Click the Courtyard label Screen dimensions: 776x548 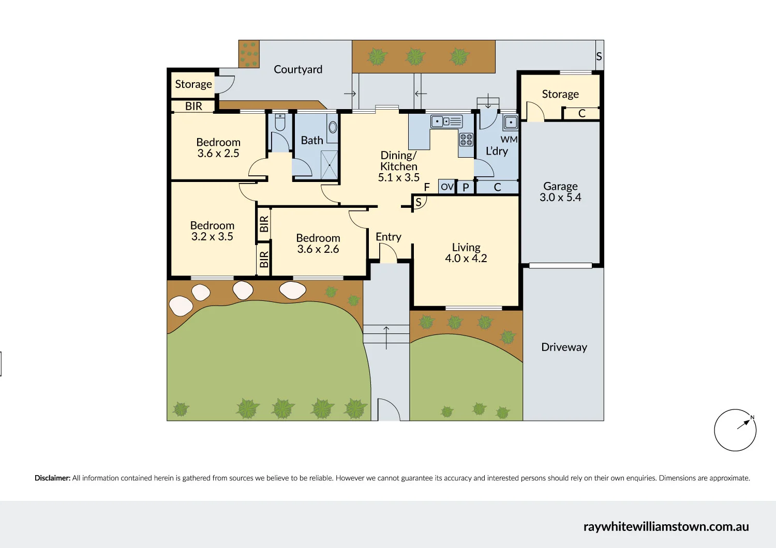tap(298, 70)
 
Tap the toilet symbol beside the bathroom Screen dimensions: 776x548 tap(280, 122)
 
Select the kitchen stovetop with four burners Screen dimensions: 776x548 tap(466, 140)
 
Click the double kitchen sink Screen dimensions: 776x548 tap(446, 121)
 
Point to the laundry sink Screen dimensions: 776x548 tap(511, 122)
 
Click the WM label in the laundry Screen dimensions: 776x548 tap(509, 140)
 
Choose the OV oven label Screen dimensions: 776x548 tap(447, 187)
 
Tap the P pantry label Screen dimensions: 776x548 tap(466, 187)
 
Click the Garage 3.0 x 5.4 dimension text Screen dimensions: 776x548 tap(560, 197)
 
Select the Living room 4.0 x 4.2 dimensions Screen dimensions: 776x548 tap(466, 258)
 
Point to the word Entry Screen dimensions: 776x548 tap(389, 237)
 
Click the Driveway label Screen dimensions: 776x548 tap(564, 347)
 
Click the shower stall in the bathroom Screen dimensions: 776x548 tap(329, 165)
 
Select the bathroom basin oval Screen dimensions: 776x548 tap(333, 127)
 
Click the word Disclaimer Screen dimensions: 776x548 tap(52, 478)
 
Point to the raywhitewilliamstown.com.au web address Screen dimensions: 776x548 tap(666, 527)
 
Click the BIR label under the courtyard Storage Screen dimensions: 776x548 tap(193, 106)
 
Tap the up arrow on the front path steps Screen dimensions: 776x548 tap(386, 338)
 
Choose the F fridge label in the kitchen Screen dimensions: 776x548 tap(427, 187)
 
